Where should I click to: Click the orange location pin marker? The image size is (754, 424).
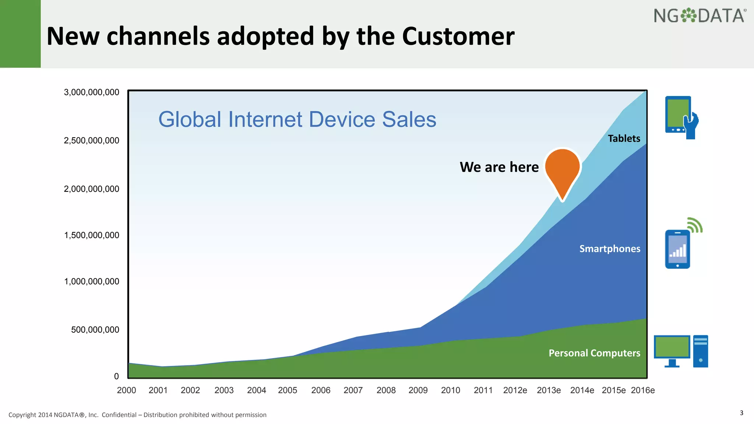[563, 169]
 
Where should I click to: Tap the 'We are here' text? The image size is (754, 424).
[499, 167]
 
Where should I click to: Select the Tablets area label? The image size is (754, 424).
[624, 138]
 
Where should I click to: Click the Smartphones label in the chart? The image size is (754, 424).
[610, 249]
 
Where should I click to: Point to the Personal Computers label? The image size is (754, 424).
[594, 353]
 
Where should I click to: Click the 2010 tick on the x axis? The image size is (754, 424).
[450, 390]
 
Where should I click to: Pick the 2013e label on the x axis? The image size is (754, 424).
[549, 390]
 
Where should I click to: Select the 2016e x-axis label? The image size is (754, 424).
[642, 390]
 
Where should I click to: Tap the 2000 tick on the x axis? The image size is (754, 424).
[126, 390]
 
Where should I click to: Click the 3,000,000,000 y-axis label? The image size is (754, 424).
[92, 92]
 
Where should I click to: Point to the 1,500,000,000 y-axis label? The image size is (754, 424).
[92, 235]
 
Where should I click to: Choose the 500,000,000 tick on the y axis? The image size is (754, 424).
[95, 330]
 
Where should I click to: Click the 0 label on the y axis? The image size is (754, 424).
[116, 376]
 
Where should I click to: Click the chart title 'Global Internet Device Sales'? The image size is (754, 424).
[297, 119]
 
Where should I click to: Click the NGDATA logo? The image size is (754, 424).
[700, 16]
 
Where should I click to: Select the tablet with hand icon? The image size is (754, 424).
[681, 117]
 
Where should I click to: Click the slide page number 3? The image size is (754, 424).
[741, 413]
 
